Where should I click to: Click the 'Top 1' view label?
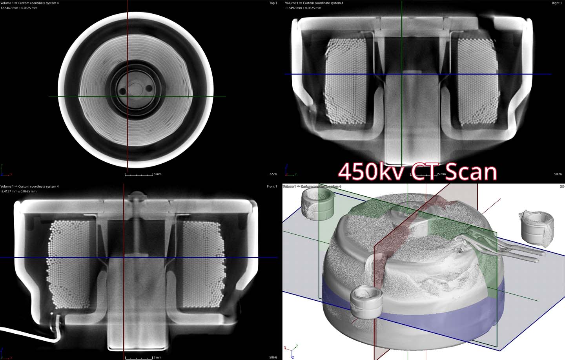[x=273, y=3]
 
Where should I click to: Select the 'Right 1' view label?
[x=556, y=3]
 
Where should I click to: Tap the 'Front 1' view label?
[x=272, y=186]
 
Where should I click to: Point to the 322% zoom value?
[x=273, y=174]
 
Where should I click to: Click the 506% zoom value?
[x=273, y=357]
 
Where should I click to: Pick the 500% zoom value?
[x=558, y=174]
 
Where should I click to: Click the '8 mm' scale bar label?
[x=157, y=174]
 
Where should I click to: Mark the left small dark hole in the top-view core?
[x=123, y=91]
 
